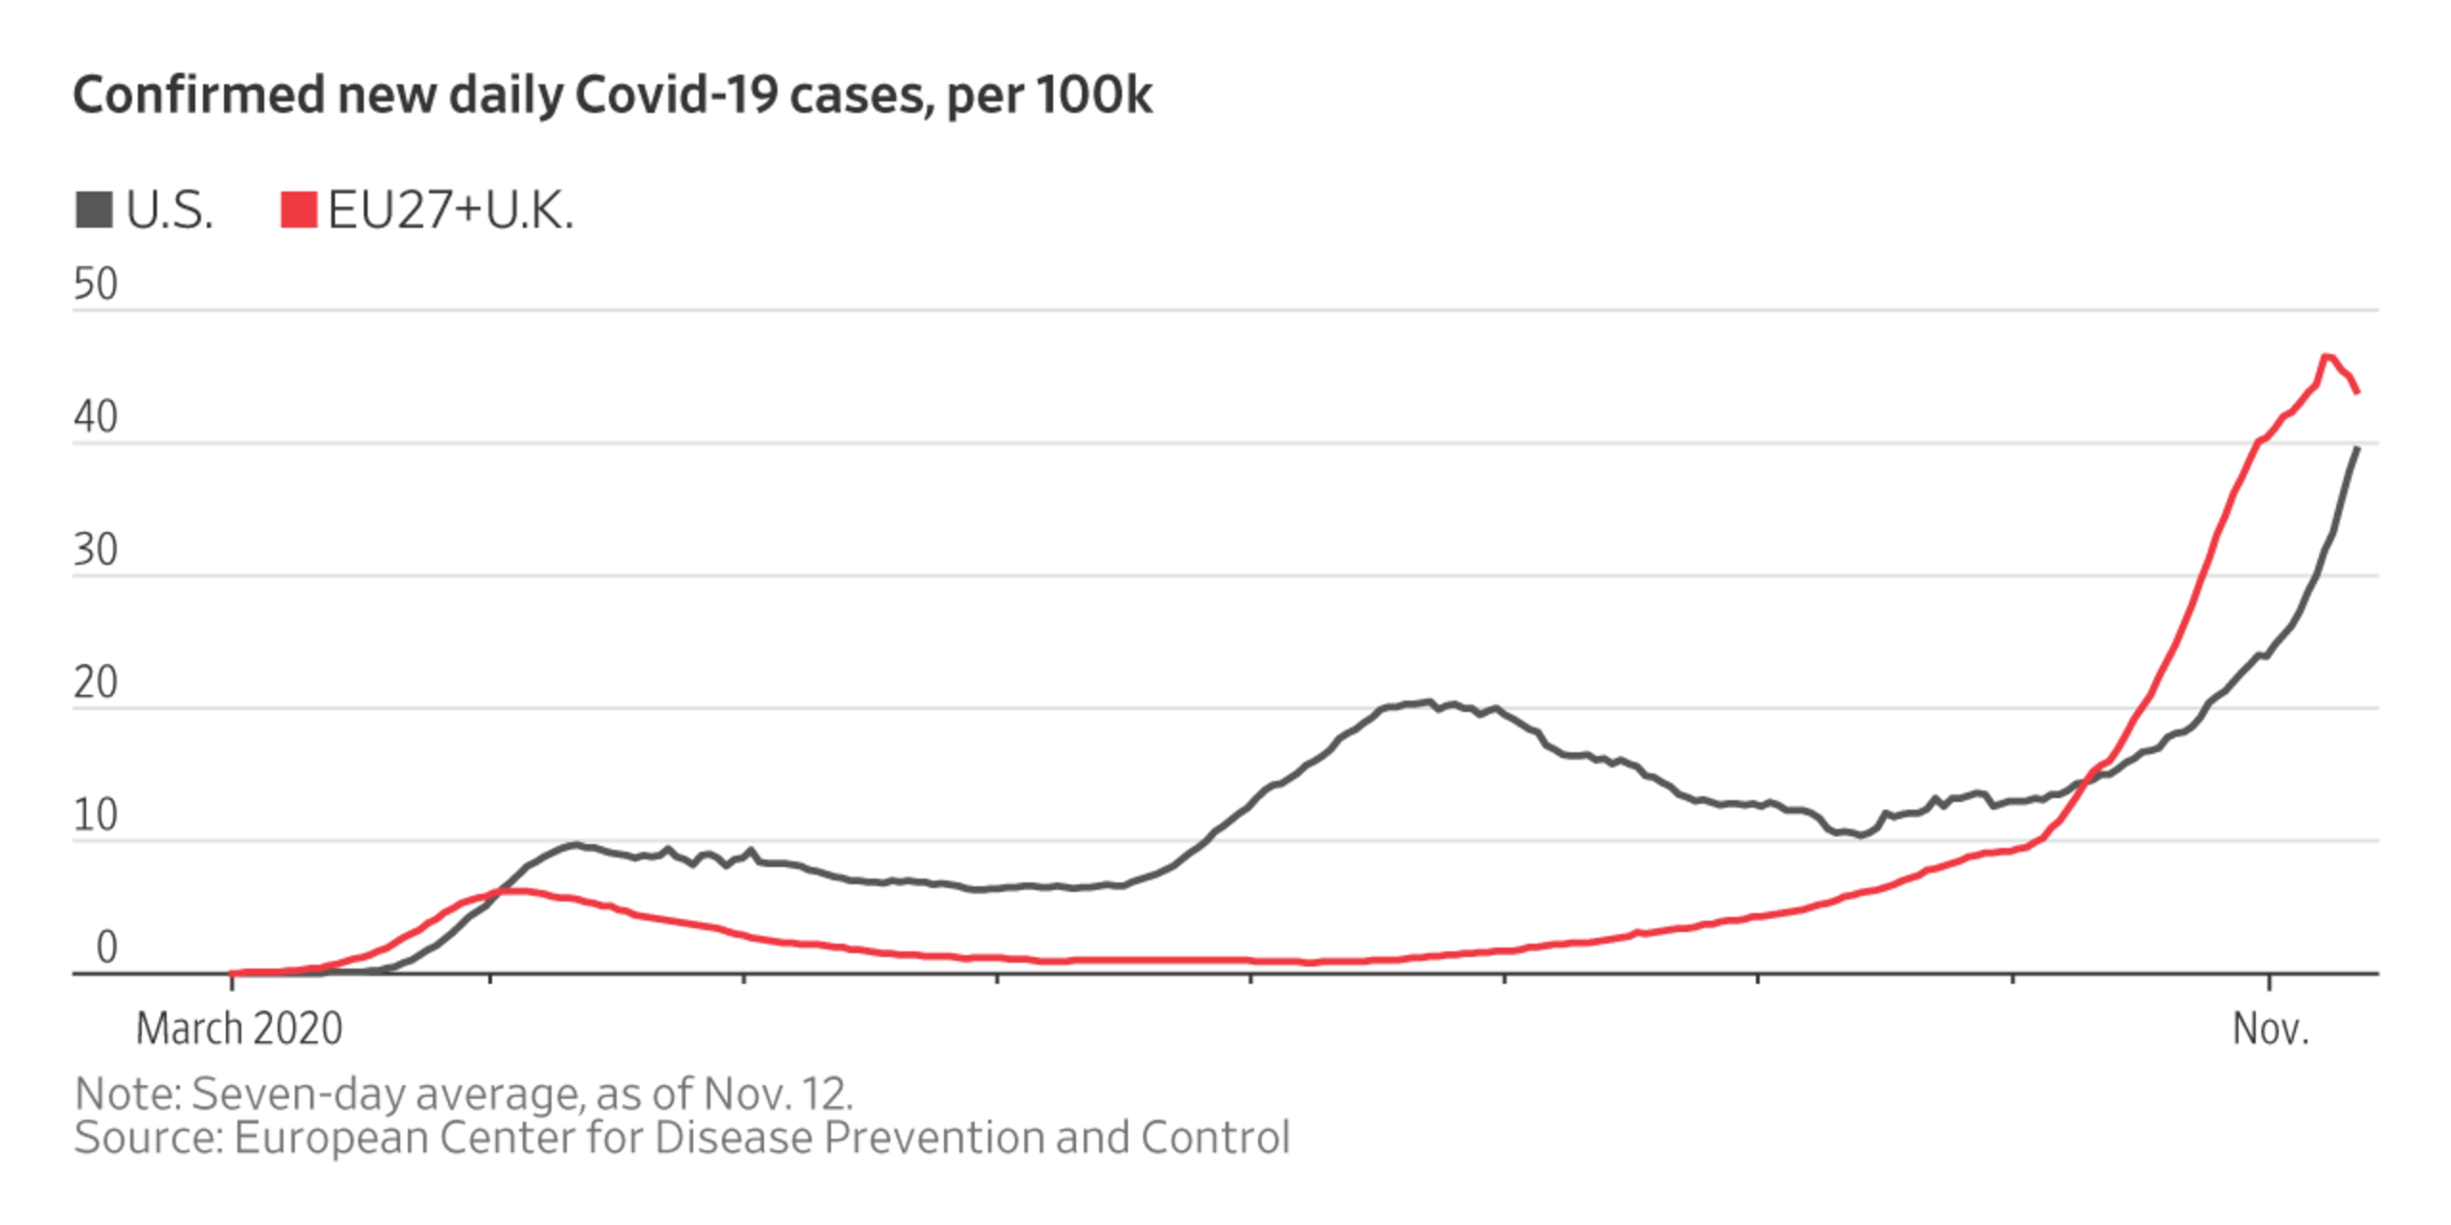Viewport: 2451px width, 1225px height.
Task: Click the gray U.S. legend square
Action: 94,210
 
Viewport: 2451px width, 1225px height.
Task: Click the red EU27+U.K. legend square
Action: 298,210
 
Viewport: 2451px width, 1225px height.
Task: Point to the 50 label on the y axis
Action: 95,284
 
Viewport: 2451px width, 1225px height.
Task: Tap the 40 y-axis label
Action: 95,417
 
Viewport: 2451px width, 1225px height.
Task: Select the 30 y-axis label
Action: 95,550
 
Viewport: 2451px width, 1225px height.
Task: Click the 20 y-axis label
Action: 95,683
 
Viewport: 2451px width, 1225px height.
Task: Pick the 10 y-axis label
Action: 95,815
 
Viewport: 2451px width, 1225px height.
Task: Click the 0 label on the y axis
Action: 106,947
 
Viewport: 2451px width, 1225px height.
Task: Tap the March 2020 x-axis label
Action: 238,1030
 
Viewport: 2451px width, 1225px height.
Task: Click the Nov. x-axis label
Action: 2270,1030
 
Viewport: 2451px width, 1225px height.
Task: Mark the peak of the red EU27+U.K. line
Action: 2327,356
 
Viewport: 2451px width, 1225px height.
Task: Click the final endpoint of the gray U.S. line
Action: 2357,448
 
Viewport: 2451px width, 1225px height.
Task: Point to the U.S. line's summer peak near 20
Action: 1428,702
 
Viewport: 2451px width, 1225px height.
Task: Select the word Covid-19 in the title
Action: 675,96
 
